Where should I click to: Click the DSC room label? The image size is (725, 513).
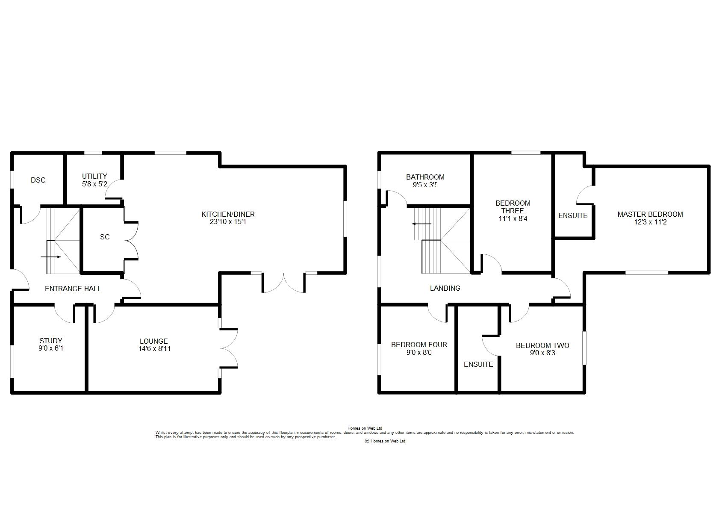38,180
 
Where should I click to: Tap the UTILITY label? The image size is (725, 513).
94,176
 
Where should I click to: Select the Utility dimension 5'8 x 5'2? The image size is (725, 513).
94,184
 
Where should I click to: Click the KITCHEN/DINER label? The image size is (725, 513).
228,214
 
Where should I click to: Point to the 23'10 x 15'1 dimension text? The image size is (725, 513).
228,222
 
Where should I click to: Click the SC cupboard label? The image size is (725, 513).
105,237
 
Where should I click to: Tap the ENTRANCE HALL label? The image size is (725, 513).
73,289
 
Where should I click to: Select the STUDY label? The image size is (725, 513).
51,341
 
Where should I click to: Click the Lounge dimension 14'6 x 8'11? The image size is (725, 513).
154,348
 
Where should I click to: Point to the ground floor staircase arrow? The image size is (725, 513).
51,257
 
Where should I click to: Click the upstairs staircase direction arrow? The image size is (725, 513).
421,224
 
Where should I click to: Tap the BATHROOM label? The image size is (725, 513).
425,177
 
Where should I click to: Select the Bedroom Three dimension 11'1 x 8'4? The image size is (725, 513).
513,218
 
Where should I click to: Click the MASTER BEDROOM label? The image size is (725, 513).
650,214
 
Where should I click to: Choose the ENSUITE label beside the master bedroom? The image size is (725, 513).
573,215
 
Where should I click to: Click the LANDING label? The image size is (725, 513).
445,289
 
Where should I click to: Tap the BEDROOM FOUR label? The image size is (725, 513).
419,345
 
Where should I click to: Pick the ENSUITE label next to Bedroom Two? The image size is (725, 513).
478,364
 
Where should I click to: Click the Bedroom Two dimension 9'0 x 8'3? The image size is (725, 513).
542,353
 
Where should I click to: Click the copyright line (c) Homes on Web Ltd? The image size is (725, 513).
384,441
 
